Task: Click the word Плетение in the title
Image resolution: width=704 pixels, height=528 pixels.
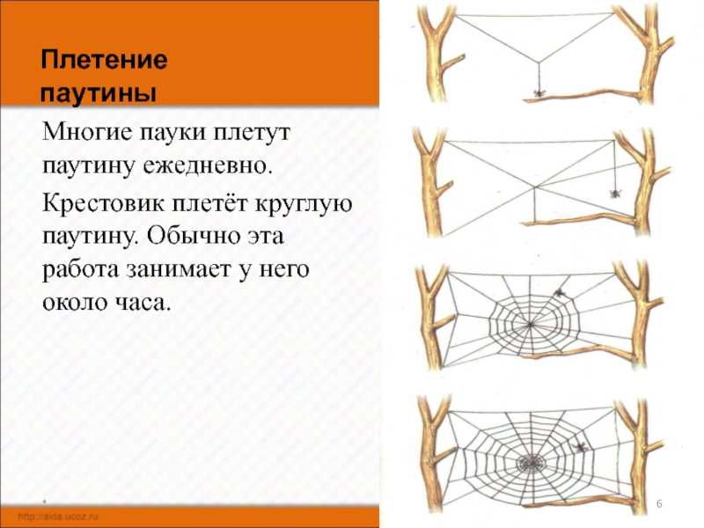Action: pyautogui.click(x=103, y=62)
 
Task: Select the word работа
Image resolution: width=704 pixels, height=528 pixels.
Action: pyautogui.click(x=78, y=270)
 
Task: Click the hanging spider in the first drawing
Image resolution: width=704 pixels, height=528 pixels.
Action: pyautogui.click(x=537, y=91)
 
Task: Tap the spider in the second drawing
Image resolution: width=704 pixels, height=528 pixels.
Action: pyautogui.click(x=612, y=191)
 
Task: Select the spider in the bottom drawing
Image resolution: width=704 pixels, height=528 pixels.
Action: pyautogui.click(x=580, y=447)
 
